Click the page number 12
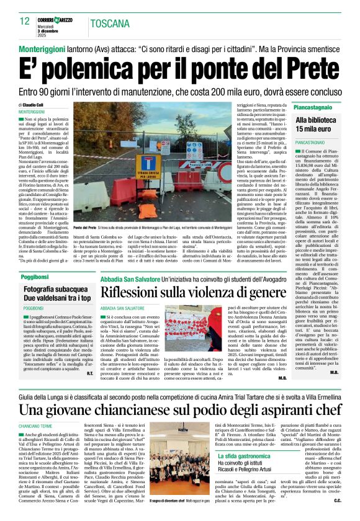(x=24, y=22)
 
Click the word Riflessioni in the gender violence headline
(x=131, y=291)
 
